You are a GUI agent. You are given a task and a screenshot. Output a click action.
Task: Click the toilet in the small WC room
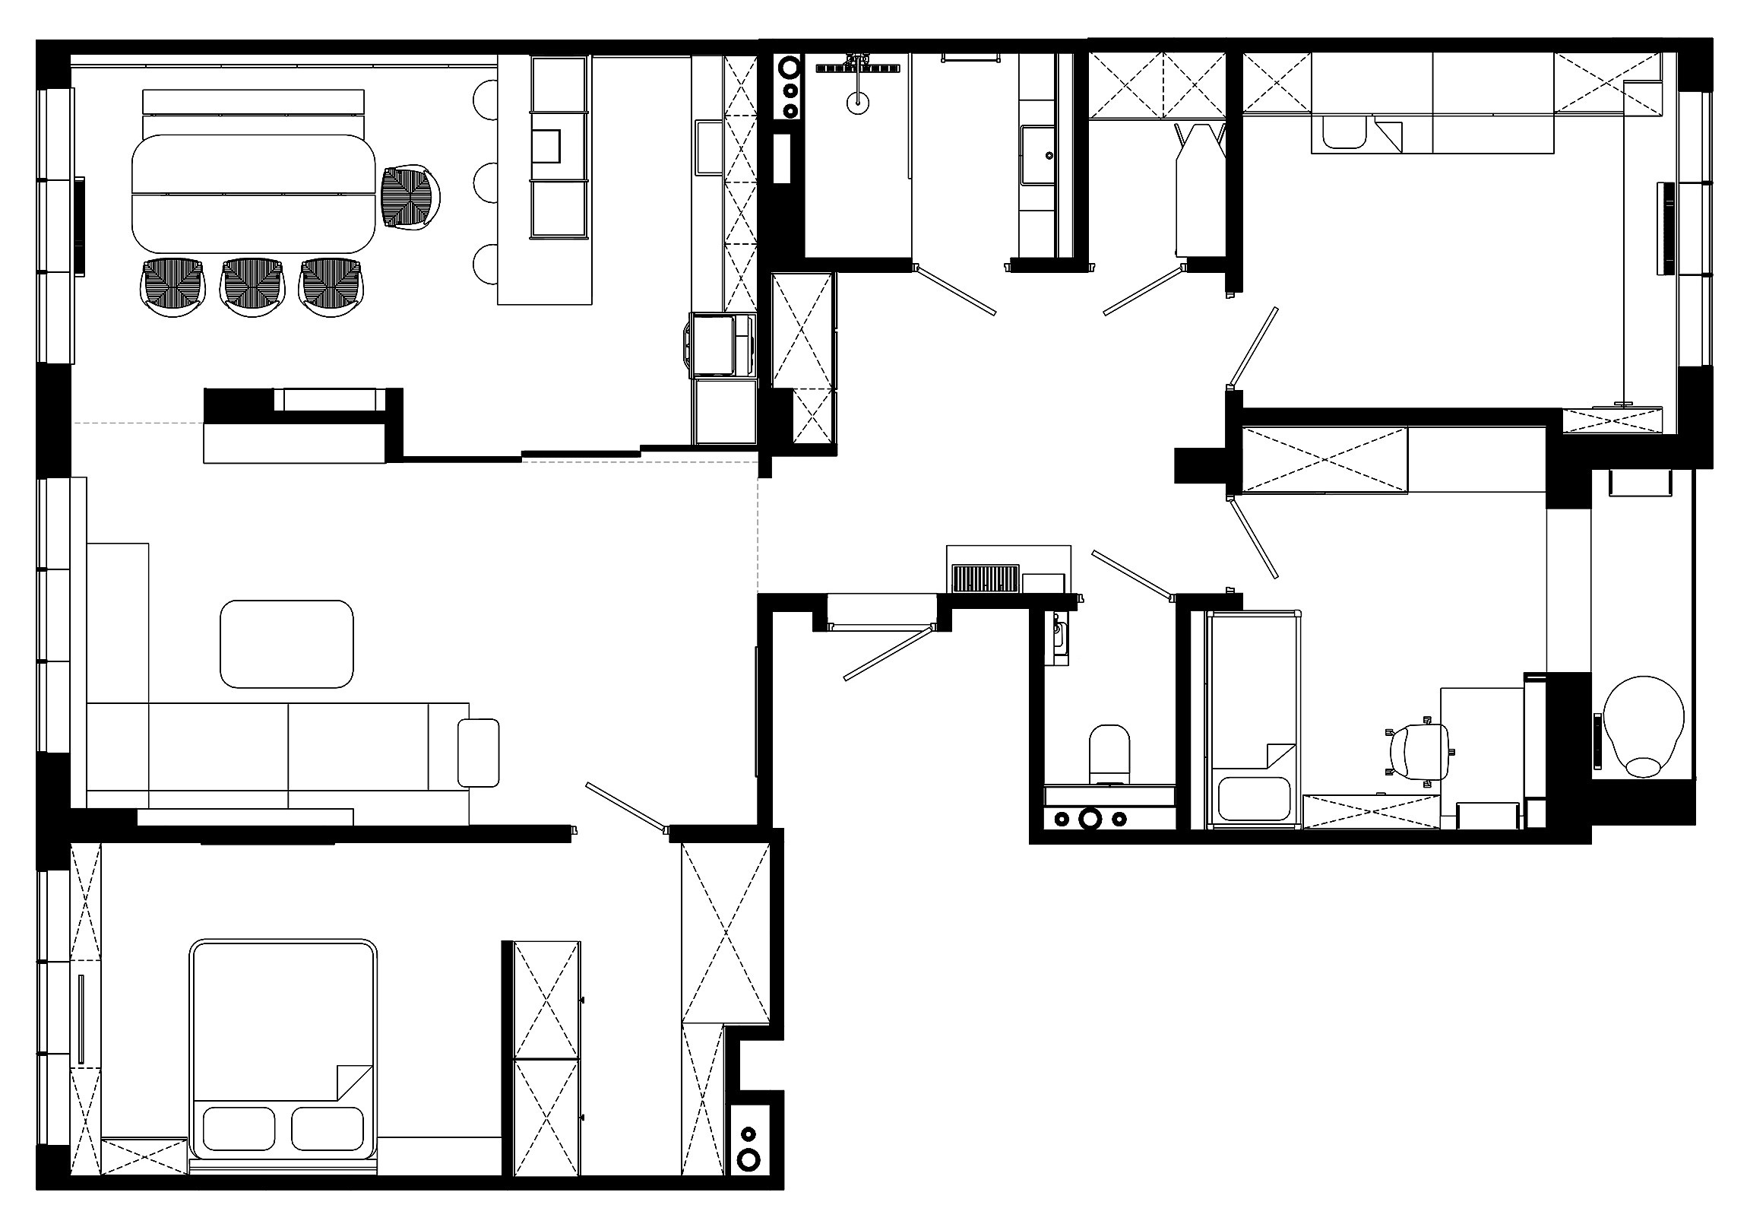coord(1109,753)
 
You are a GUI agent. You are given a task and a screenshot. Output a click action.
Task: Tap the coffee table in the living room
coord(286,644)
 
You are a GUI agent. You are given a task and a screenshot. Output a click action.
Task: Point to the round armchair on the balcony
coord(1643,725)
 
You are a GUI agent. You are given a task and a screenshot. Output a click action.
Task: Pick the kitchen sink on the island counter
coord(546,147)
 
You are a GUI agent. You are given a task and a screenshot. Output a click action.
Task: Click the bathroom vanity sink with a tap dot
coord(1038,155)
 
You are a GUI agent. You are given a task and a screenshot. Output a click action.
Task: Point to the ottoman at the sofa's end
coord(478,753)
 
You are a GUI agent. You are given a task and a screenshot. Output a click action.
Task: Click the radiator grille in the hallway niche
coord(986,579)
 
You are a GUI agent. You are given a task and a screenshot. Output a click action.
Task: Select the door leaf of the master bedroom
coord(625,805)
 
